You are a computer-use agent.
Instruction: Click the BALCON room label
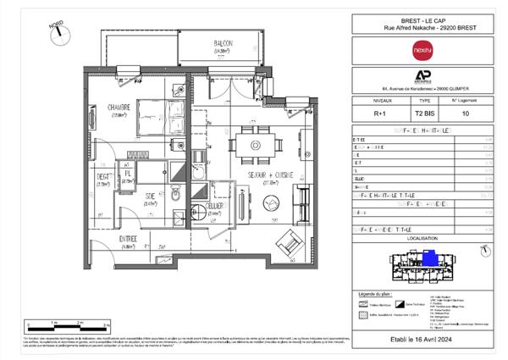pos(223,45)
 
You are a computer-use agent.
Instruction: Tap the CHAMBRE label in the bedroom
pos(118,108)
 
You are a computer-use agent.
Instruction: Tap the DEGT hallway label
pos(105,179)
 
